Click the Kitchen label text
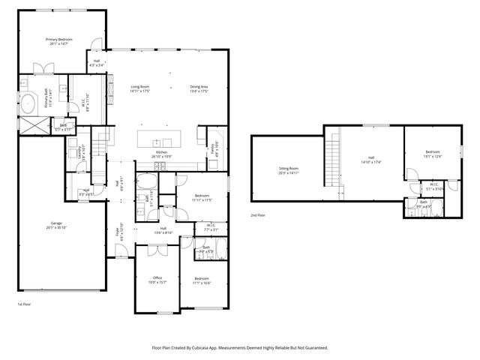click(160, 152)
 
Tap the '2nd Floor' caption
click(258, 215)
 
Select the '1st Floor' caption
click(25, 304)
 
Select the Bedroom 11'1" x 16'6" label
click(202, 282)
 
